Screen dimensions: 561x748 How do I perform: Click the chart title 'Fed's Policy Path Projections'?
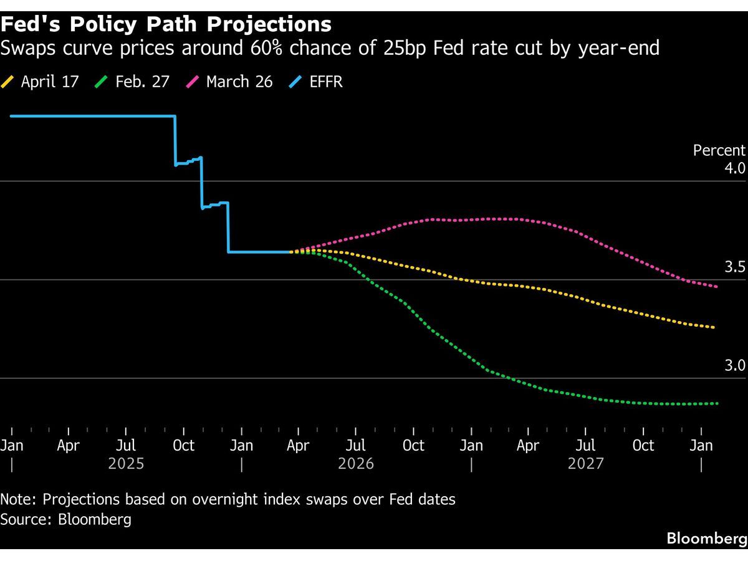(166, 24)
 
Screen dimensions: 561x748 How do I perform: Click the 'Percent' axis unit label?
(719, 150)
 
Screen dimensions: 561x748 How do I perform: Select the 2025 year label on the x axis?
(126, 464)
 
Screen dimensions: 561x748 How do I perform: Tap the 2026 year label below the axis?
(356, 464)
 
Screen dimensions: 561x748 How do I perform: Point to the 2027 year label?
(586, 464)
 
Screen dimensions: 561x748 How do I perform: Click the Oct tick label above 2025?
(183, 446)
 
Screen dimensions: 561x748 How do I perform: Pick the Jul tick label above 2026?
(356, 446)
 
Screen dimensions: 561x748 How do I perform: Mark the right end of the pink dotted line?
(716, 287)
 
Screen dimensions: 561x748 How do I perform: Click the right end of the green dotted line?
(717, 403)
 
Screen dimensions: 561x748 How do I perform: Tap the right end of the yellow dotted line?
(714, 327)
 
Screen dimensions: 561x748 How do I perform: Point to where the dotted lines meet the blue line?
(291, 252)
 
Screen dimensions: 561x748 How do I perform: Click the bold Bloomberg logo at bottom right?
(706, 539)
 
